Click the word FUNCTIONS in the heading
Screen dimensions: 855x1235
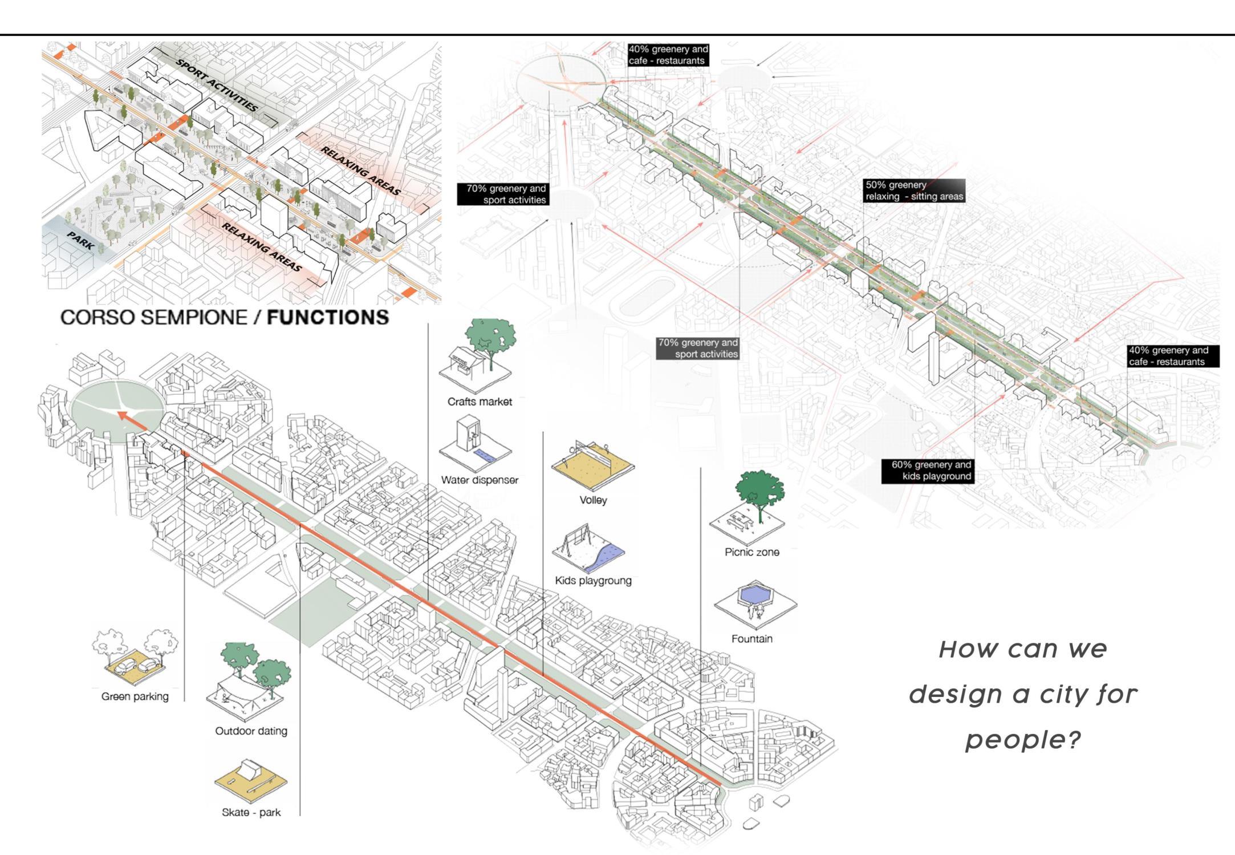point(328,317)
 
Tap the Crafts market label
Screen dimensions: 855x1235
point(480,402)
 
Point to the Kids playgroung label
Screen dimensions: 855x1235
point(593,581)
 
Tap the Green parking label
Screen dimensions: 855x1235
point(135,696)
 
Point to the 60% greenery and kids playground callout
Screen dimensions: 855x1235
point(928,471)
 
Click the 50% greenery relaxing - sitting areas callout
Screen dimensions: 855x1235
point(914,191)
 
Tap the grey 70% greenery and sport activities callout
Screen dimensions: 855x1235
point(698,348)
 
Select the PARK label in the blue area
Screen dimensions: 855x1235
point(81,240)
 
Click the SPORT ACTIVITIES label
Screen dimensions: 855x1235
point(217,85)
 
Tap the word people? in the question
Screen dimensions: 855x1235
point(1023,740)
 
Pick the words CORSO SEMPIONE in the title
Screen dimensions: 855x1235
point(154,317)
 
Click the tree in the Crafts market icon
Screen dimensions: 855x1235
point(491,337)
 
